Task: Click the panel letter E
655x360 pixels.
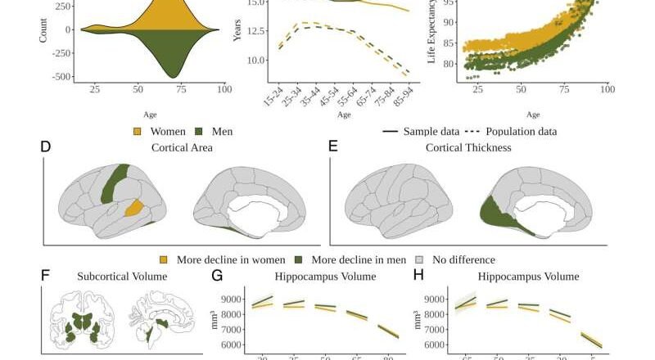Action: (332, 147)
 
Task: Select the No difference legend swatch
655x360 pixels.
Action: (423, 259)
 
